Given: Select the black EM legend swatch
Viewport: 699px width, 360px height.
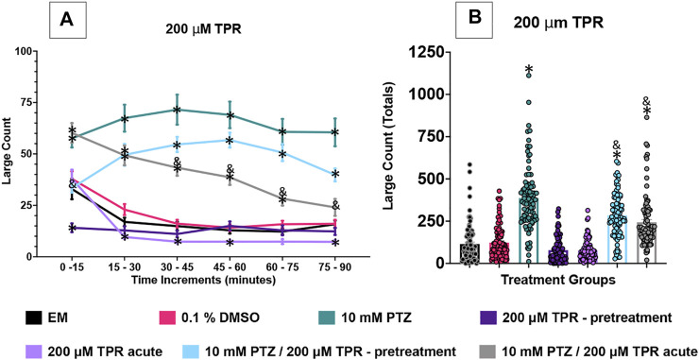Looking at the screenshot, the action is point(36,319).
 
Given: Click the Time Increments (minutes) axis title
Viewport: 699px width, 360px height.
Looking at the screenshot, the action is point(204,280).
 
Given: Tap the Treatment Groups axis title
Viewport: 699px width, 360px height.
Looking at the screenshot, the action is point(556,281).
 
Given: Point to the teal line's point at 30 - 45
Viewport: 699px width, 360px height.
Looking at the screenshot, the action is point(177,110).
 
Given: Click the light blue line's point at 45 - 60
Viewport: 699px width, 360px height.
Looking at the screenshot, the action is point(230,141).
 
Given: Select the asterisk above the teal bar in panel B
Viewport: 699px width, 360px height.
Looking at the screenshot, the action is point(529,69).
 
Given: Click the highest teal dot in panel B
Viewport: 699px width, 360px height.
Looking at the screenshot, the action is point(529,76).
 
